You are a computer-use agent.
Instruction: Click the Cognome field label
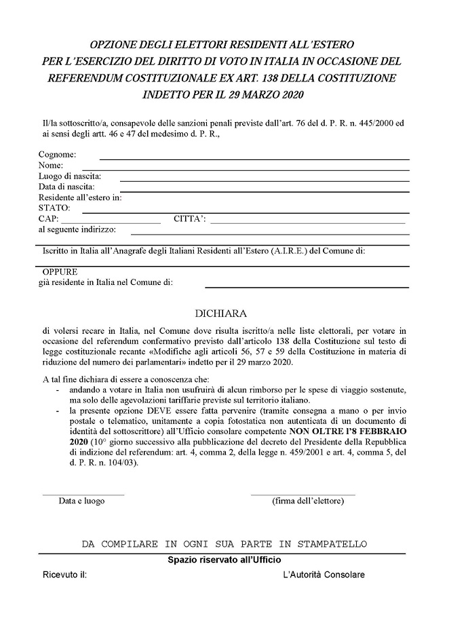click(x=57, y=155)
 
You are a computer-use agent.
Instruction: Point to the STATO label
click(x=54, y=207)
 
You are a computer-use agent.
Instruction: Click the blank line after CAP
click(x=111, y=222)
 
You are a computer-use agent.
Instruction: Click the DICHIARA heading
click(x=223, y=314)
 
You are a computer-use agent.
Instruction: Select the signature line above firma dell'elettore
click(x=302, y=495)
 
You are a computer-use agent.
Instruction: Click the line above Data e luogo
click(x=83, y=495)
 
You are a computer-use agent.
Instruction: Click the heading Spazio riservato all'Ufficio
click(x=224, y=560)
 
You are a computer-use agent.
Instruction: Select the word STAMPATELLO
click(x=332, y=544)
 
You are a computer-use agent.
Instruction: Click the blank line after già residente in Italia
click(x=307, y=287)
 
